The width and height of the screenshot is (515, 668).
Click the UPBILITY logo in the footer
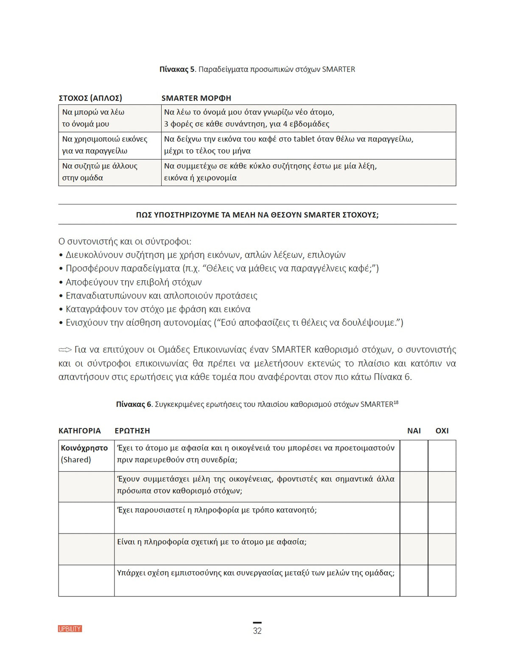[x=70, y=629]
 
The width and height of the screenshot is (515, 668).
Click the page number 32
[x=257, y=631]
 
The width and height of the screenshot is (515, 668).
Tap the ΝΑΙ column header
[x=414, y=430]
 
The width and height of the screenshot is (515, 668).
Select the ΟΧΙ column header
[x=442, y=430]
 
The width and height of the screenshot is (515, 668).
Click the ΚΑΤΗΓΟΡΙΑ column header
[x=79, y=430]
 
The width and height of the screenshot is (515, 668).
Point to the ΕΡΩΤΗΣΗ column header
[x=132, y=430]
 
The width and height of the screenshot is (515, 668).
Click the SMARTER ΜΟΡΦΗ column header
[x=196, y=98]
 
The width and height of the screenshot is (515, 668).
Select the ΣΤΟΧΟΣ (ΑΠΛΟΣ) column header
[x=90, y=98]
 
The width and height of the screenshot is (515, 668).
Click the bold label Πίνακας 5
[x=177, y=69]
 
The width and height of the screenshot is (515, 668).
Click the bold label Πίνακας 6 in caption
[x=134, y=404]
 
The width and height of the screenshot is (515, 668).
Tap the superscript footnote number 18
[x=396, y=402]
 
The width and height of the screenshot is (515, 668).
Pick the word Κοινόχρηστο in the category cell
[x=84, y=448]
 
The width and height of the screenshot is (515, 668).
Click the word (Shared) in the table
[x=76, y=460]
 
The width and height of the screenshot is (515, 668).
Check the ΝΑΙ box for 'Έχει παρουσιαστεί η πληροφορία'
[x=414, y=518]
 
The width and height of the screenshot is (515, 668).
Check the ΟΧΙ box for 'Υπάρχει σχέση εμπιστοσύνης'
[x=442, y=581]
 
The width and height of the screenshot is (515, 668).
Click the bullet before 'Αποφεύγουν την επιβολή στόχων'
[x=61, y=282]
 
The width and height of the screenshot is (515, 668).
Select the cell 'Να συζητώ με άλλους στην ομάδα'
[x=109, y=172]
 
